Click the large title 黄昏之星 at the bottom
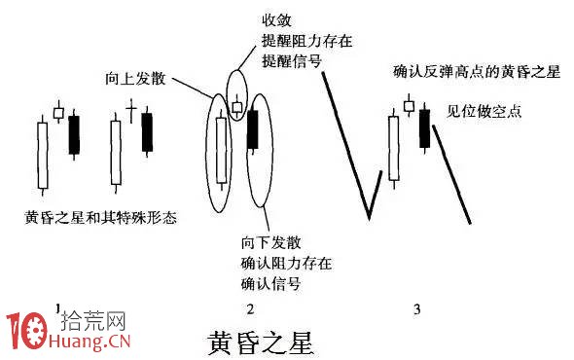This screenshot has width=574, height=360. click(262, 343)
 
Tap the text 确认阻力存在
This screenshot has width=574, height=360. click(285, 263)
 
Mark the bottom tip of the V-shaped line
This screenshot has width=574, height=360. click(369, 217)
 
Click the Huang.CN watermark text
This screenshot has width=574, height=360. click(94, 342)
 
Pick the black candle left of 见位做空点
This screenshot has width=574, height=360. click(424, 128)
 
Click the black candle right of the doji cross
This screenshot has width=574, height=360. click(148, 131)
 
